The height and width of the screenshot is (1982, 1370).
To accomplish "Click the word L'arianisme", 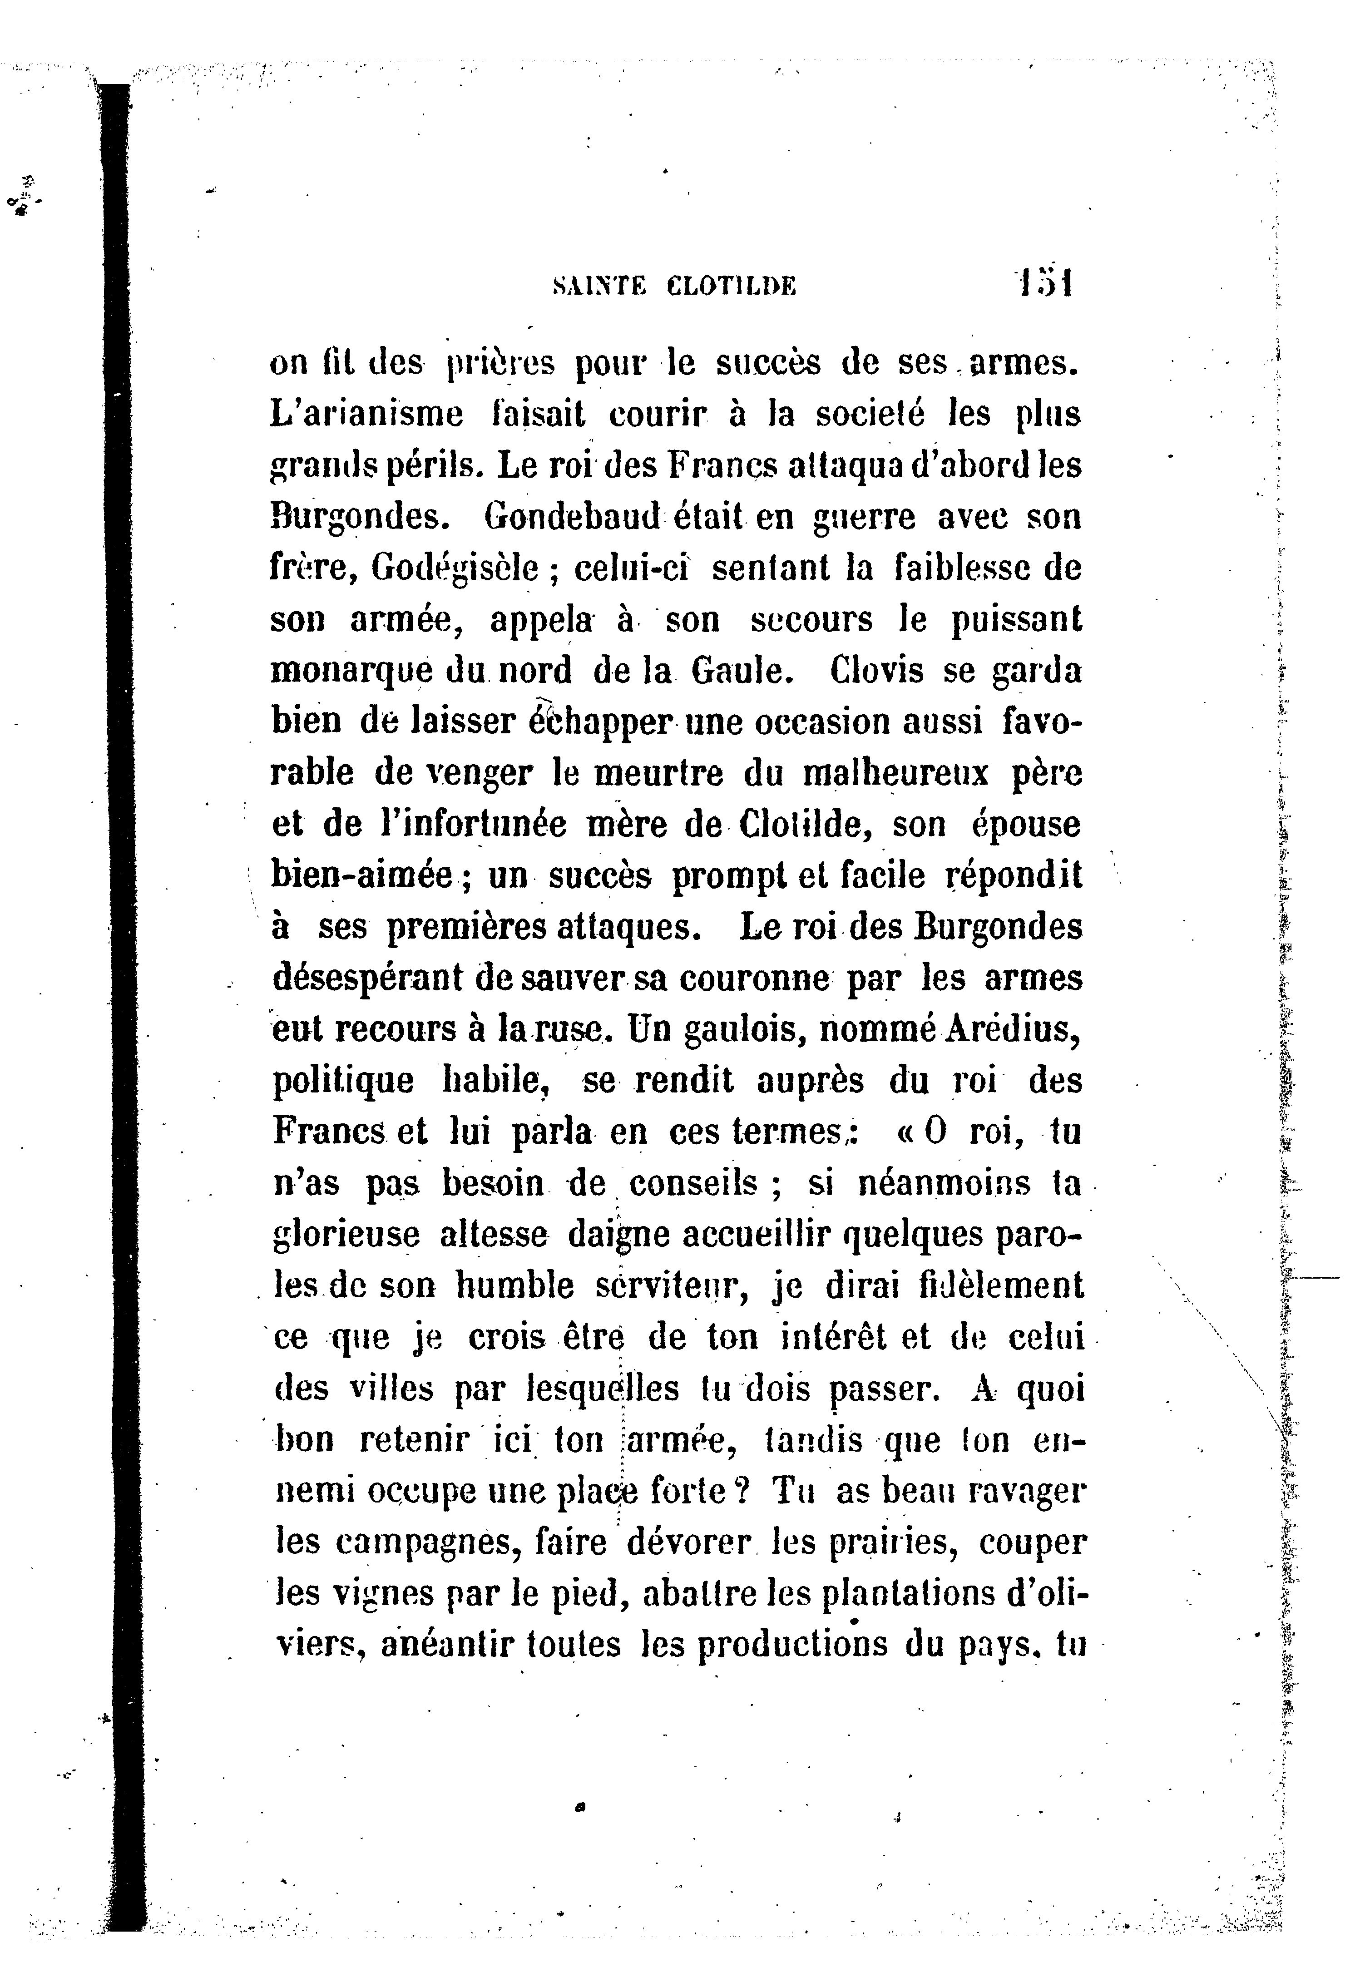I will point(366,415).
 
